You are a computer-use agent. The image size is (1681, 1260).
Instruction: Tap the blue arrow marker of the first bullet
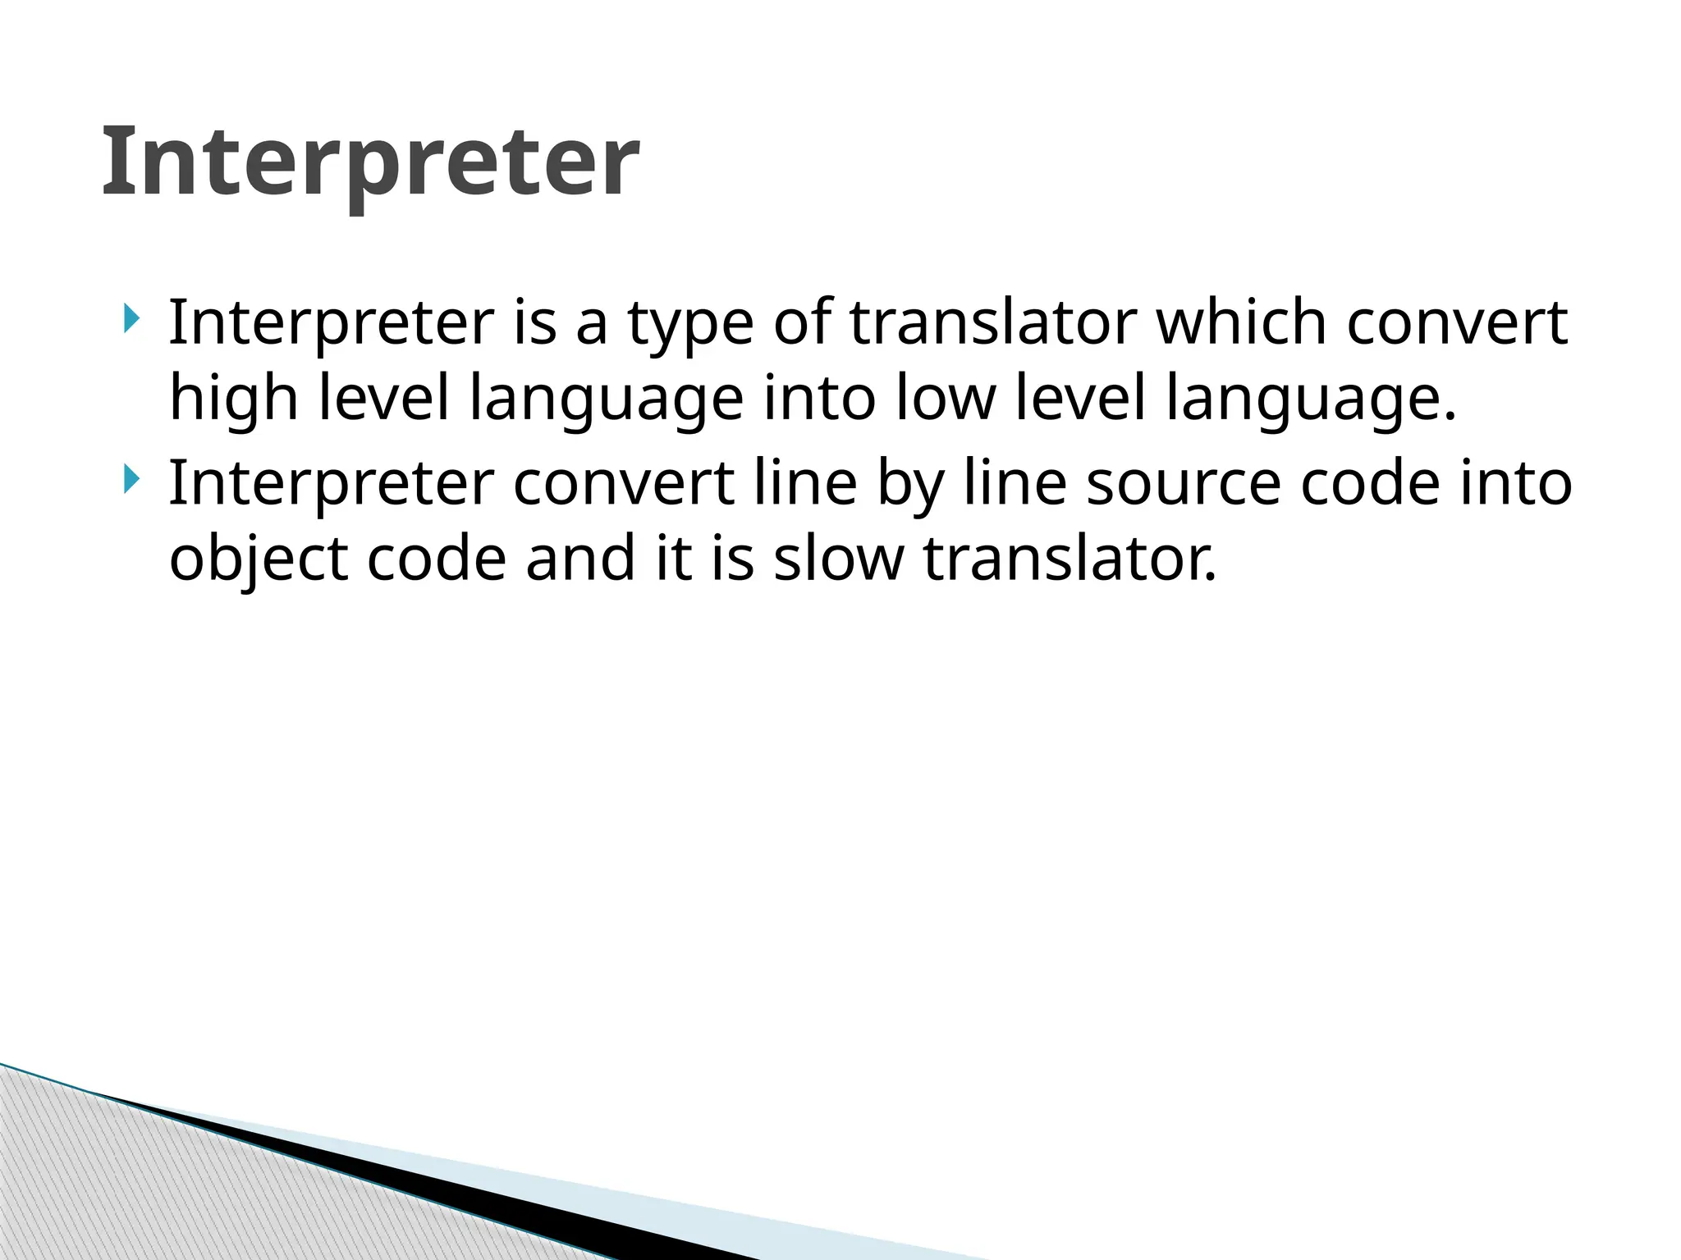coord(131,318)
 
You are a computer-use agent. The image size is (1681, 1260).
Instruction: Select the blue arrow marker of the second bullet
coord(131,479)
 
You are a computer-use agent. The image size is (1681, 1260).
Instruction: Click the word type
coord(690,324)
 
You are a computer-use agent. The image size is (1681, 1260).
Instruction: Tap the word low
coord(945,398)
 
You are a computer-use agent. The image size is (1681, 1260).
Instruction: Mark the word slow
coord(838,559)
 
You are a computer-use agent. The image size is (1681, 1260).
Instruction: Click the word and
coord(580,559)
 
